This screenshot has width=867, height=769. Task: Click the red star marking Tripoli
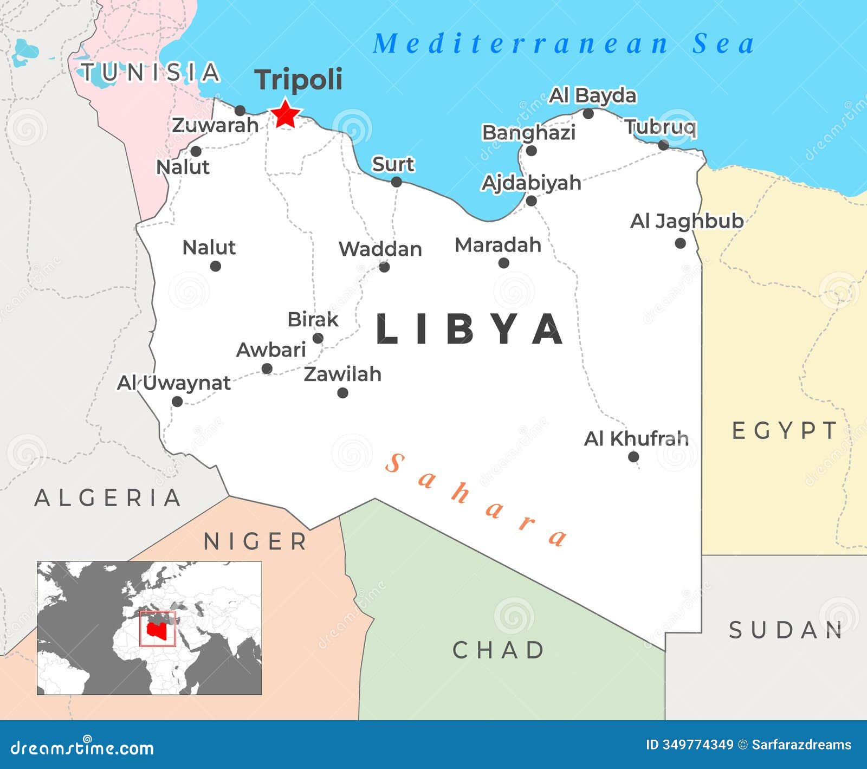[285, 114]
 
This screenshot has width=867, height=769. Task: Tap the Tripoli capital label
[299, 80]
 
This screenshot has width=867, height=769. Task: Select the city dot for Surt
[397, 182]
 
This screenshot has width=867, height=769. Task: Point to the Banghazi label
[528, 132]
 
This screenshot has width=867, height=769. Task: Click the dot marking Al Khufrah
[633, 457]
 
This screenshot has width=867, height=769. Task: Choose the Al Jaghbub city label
[687, 221]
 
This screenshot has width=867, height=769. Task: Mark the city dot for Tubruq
[663, 145]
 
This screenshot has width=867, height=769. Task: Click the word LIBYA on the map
[469, 329]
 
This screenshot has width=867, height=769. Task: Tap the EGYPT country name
[784, 431]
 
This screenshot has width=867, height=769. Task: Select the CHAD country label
[499, 650]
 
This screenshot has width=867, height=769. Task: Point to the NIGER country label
[255, 541]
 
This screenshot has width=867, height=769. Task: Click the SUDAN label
[786, 630]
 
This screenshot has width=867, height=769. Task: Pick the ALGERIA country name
[108, 497]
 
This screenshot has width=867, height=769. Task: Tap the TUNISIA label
[150, 72]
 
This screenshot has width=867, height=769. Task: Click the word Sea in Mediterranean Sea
[723, 44]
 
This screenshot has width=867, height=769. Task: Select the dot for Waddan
[384, 267]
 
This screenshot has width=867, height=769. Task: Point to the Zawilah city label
[342, 374]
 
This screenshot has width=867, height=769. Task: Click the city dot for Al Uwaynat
[177, 402]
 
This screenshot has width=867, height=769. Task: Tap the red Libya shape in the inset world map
[156, 629]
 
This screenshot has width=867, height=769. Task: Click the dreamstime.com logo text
[82, 748]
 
